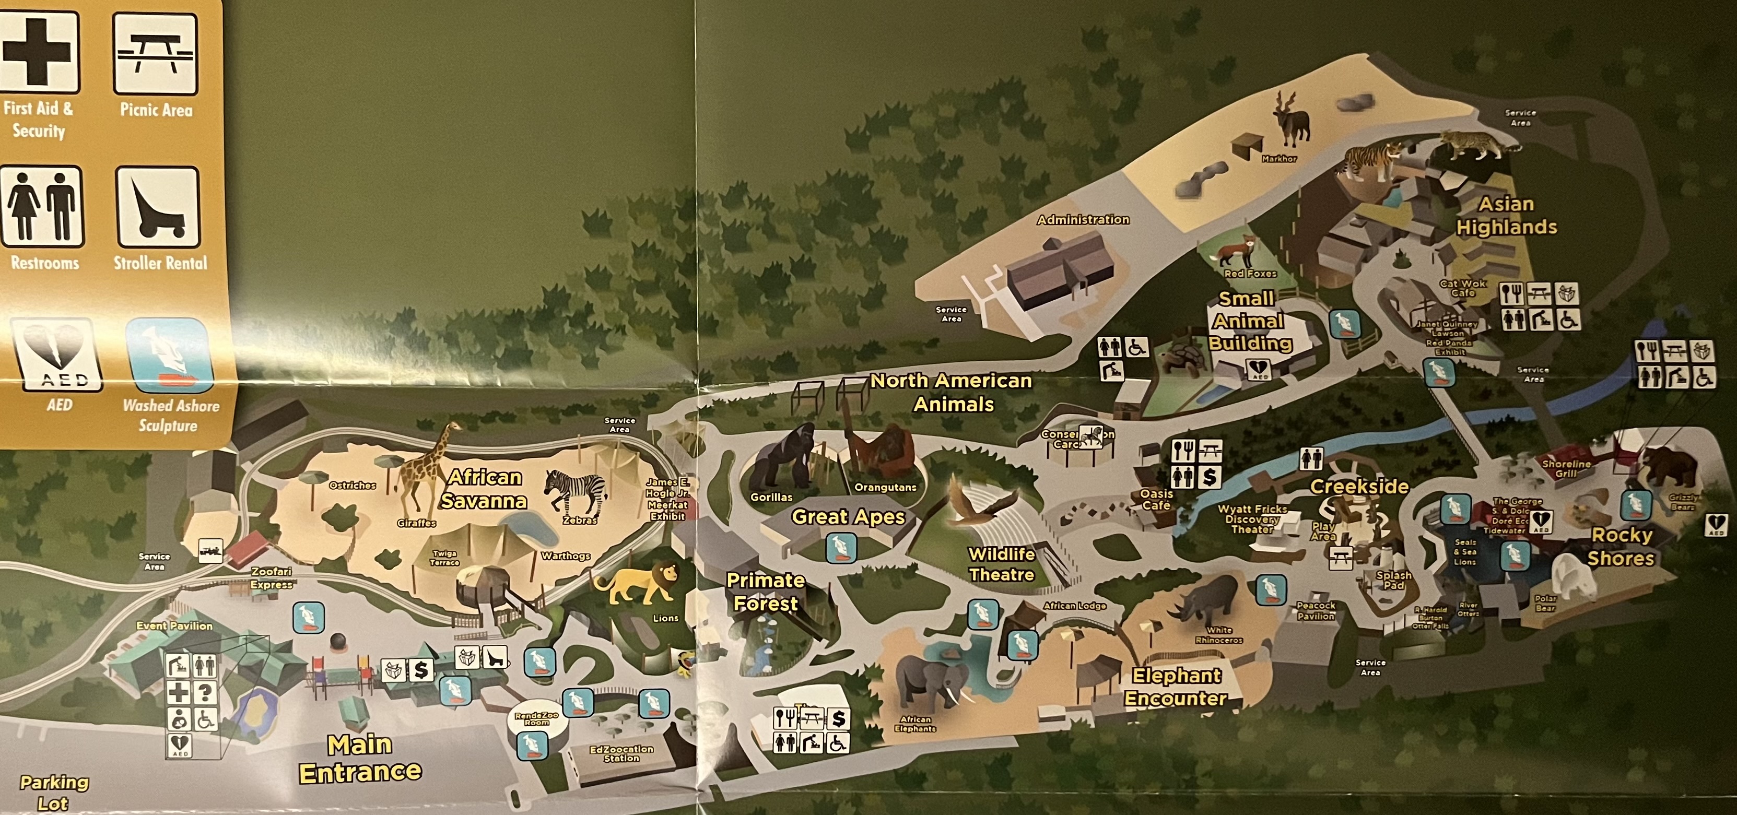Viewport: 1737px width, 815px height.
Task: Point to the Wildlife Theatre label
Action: pos(1001,564)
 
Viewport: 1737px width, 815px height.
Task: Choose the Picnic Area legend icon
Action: pos(156,54)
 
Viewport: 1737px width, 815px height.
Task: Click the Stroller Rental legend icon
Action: pos(158,208)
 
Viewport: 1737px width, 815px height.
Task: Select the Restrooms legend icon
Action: pos(42,206)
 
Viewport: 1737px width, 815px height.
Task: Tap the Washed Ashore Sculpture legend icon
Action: pos(169,355)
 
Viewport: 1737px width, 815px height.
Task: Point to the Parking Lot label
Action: pos(54,793)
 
